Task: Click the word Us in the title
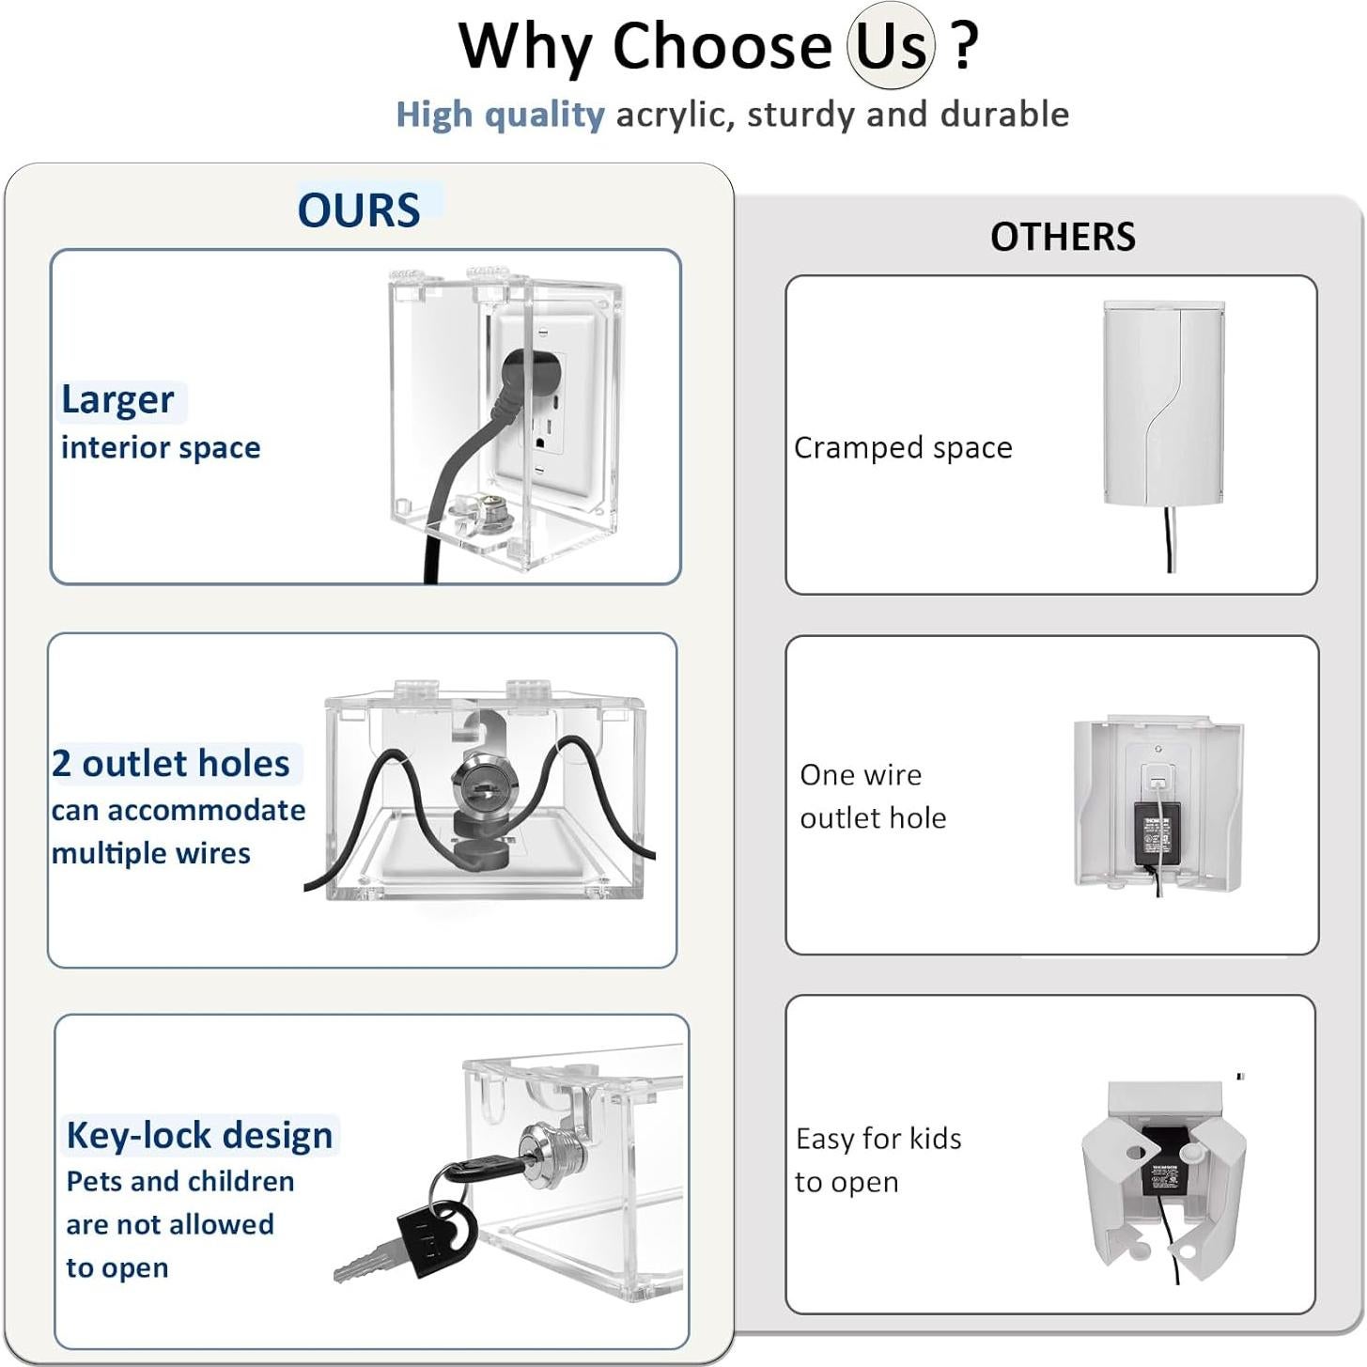891,46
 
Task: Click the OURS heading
358,210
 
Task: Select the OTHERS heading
1063,237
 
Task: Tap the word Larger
117,401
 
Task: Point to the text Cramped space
903,448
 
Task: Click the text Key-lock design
199,1136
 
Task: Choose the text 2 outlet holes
171,764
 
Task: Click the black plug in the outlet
525,383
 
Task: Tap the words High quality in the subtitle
500,116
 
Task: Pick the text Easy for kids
878,1140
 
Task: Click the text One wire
861,775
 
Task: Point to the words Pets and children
180,1182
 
